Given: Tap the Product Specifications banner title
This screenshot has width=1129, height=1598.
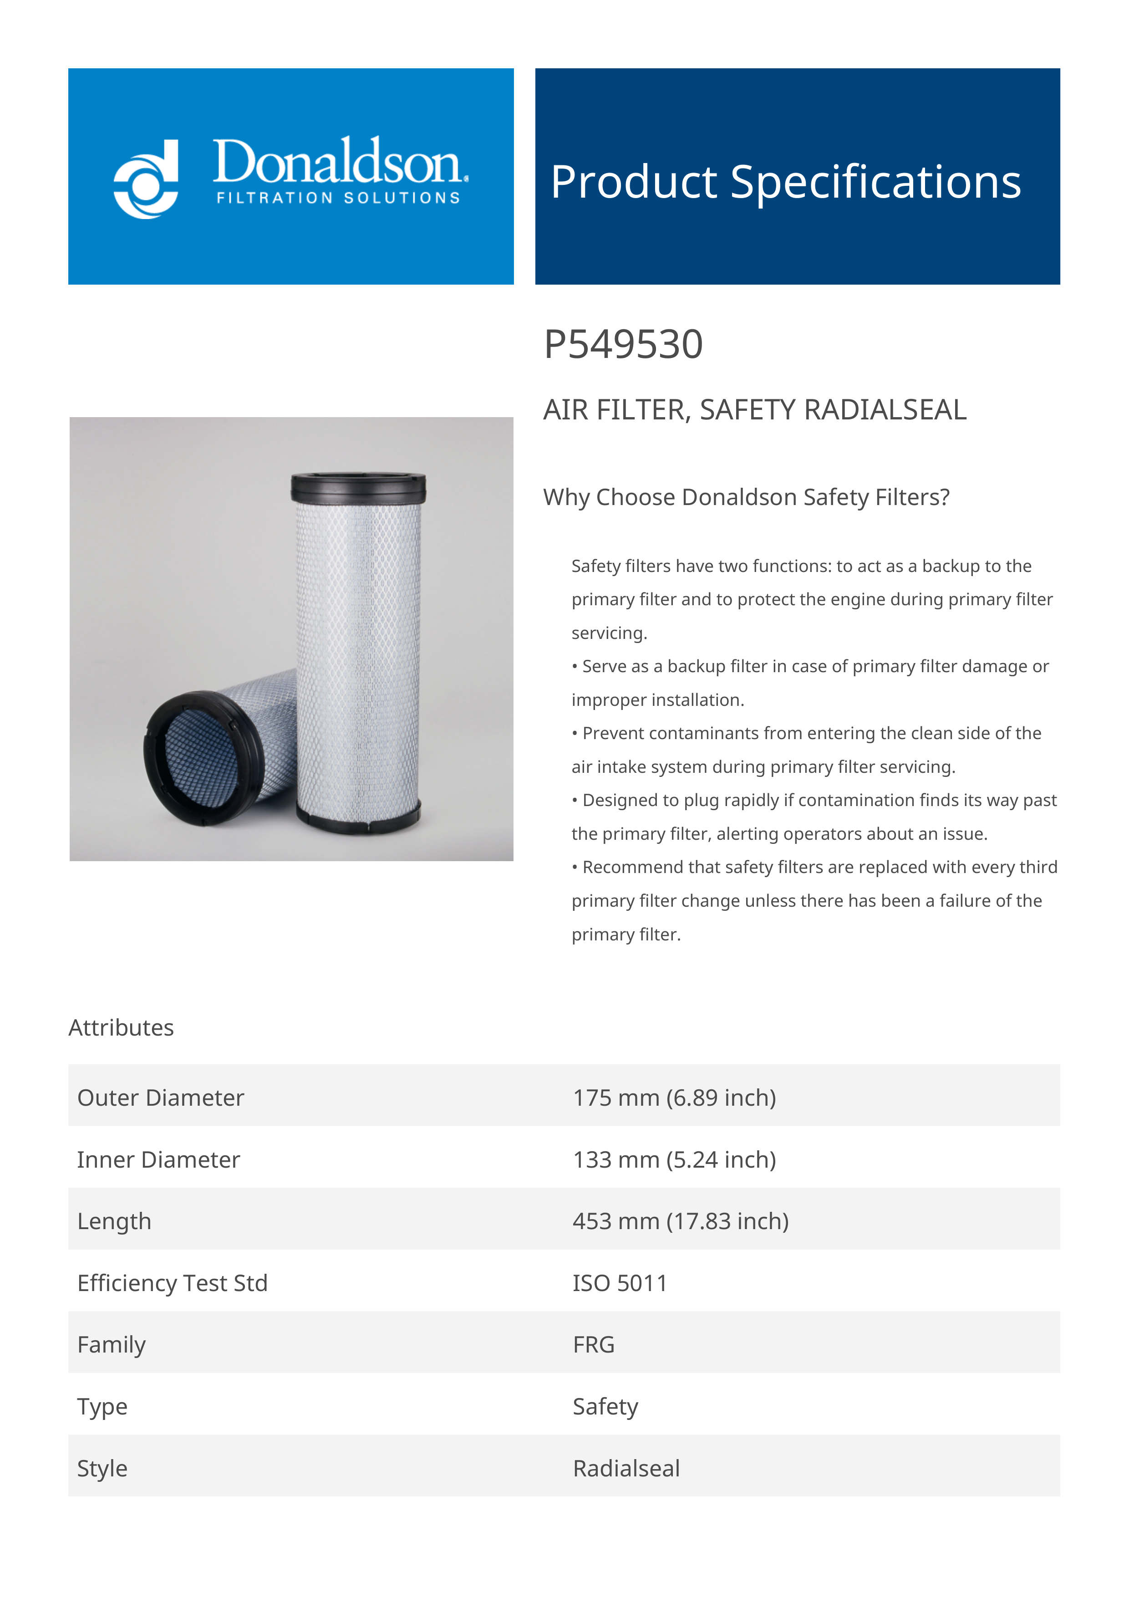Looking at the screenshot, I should pos(785,182).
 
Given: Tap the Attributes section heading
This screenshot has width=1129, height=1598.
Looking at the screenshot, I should pos(121,1027).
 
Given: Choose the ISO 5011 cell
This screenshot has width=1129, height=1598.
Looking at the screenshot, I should pos(620,1283).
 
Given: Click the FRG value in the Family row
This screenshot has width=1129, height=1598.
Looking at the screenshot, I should pos(593,1345).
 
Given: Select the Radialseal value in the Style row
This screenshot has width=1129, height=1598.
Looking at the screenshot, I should pos(626,1469).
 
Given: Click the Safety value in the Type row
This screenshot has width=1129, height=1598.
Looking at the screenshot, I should pos(605,1407).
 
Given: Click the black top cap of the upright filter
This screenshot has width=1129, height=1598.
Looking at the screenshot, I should pos(358,487).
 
